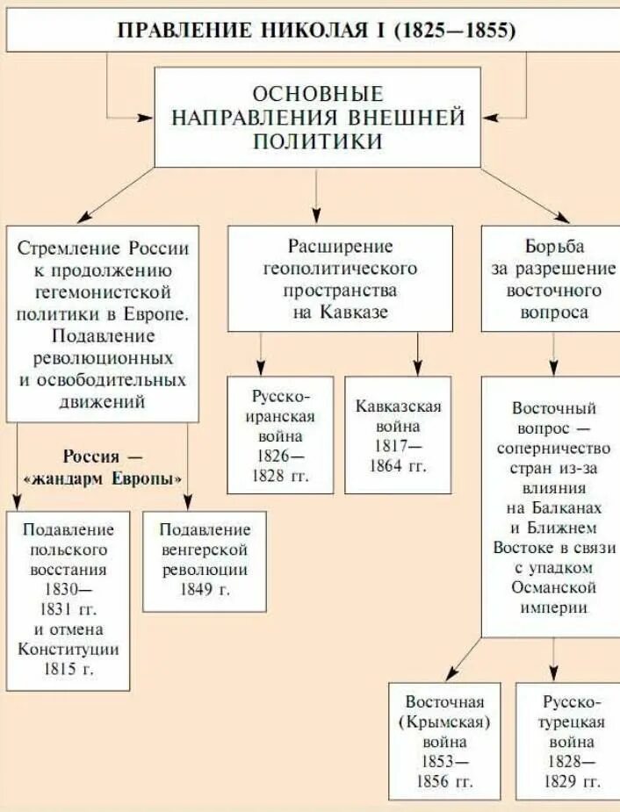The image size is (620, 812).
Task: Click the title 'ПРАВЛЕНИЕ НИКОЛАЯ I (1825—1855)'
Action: pos(316,29)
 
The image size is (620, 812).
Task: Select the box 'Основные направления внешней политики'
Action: pos(318,118)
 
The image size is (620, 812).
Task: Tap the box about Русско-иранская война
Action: pos(280,435)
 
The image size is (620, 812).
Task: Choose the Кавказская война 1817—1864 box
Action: pos(398,435)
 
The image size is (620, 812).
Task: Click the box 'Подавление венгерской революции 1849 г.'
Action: pos(205,560)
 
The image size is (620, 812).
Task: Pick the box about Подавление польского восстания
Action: pos(68,599)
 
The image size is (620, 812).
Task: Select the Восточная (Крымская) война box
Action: pos(444,742)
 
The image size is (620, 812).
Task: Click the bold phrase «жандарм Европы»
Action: pos(104,479)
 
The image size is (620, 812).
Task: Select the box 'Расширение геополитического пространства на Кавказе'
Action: pos(341,278)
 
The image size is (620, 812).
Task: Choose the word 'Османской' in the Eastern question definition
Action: pos(553,587)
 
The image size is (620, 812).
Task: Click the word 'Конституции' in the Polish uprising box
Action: pos(68,649)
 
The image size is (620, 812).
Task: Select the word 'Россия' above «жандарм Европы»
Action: pos(90,457)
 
